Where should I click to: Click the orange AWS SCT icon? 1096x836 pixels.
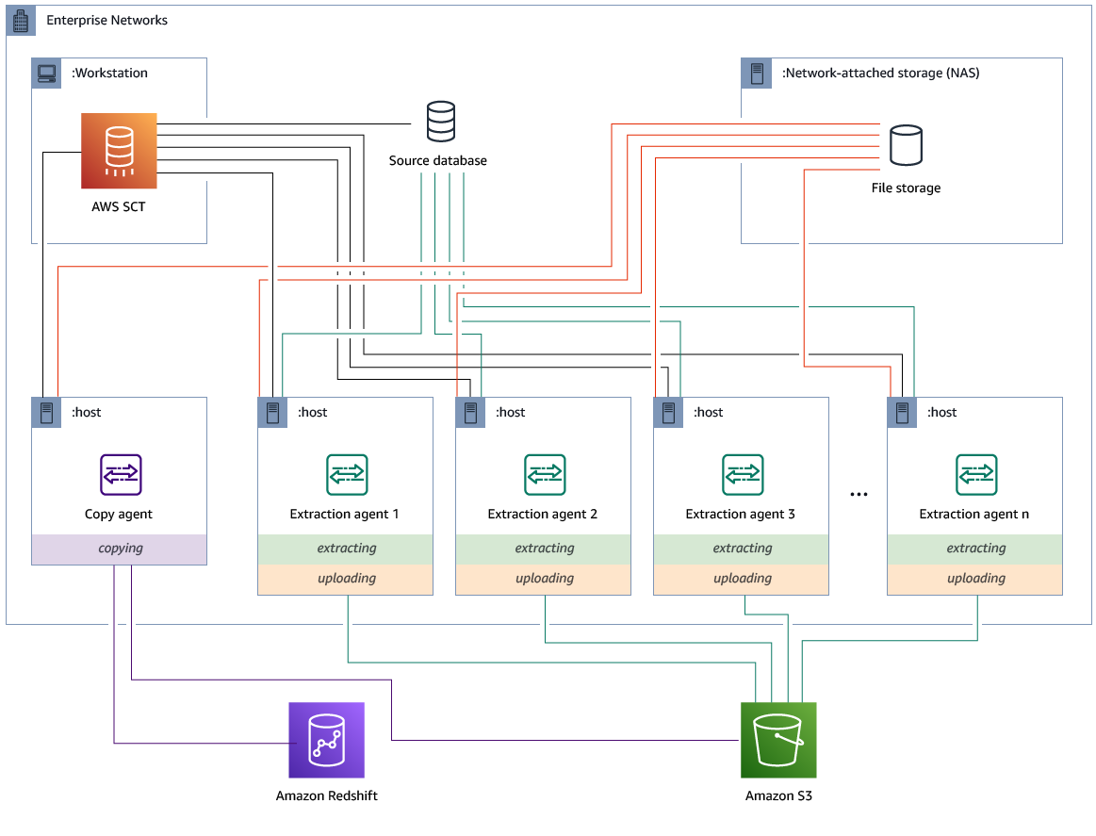(x=119, y=151)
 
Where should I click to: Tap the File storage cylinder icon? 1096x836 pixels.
(x=906, y=145)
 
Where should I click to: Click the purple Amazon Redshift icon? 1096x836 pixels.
(x=326, y=740)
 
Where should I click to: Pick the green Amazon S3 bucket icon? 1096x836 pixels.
(x=778, y=740)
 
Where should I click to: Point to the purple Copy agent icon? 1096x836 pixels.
(x=121, y=474)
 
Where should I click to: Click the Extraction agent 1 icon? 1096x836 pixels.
(x=347, y=474)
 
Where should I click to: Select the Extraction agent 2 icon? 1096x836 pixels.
(x=545, y=474)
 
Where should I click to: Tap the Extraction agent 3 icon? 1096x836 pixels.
(x=743, y=474)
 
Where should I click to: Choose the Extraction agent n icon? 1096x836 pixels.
(x=976, y=474)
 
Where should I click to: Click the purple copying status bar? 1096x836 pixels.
(x=120, y=549)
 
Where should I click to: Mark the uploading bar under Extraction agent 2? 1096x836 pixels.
(x=544, y=579)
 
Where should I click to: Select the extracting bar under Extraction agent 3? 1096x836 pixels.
(x=742, y=549)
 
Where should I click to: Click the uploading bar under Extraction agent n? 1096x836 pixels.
(x=975, y=579)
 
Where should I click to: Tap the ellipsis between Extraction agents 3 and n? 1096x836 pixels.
(x=859, y=494)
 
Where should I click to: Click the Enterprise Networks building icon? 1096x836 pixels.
(x=21, y=21)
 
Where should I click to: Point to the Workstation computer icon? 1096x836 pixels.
(x=46, y=74)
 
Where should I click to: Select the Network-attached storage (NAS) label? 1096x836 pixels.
(x=880, y=74)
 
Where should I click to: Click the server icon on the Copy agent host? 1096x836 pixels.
(x=46, y=413)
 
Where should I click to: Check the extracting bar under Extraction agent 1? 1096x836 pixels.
(x=346, y=549)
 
